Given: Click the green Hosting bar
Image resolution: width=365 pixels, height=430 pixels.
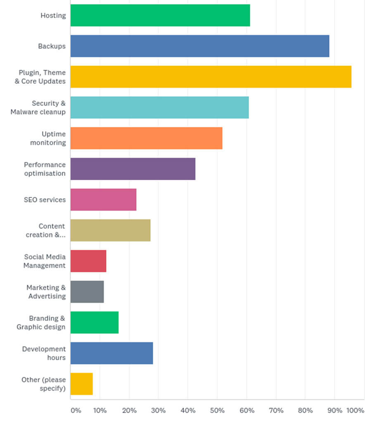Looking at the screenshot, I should coord(160,15).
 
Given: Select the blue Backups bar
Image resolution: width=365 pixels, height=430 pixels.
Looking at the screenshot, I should coord(200,46).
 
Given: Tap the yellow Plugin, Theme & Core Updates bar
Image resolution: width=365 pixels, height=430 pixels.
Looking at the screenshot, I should coord(211,77).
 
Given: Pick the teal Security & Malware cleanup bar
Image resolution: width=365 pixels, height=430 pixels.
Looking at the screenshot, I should coord(159,107).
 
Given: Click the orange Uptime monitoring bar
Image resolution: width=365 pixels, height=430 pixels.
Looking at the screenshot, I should coord(146,138).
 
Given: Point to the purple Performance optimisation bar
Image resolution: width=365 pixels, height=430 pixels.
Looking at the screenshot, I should coord(133,169).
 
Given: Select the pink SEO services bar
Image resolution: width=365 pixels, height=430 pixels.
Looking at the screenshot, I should coord(103,200).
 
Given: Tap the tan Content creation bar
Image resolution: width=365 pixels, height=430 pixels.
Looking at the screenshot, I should coord(110,230).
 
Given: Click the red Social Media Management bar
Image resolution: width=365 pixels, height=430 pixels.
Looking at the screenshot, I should coord(88,261).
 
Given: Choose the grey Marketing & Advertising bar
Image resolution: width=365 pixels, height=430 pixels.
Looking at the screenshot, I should coord(87,292).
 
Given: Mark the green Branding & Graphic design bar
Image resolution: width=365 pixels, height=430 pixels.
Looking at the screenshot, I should coord(95,322).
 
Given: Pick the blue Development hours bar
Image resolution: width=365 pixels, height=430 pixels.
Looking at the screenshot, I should coord(111,353).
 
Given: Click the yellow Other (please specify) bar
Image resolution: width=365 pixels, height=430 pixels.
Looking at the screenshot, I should coord(81,384).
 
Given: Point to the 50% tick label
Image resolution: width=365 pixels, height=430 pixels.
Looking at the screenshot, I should coord(217,411).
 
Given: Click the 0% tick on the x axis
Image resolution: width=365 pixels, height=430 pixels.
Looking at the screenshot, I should coord(76,411).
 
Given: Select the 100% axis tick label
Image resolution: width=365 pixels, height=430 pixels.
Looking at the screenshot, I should coord(355,411).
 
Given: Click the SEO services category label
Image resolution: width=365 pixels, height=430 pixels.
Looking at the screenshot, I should coord(45,200).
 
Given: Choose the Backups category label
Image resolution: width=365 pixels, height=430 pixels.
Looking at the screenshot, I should coord(52,46).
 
